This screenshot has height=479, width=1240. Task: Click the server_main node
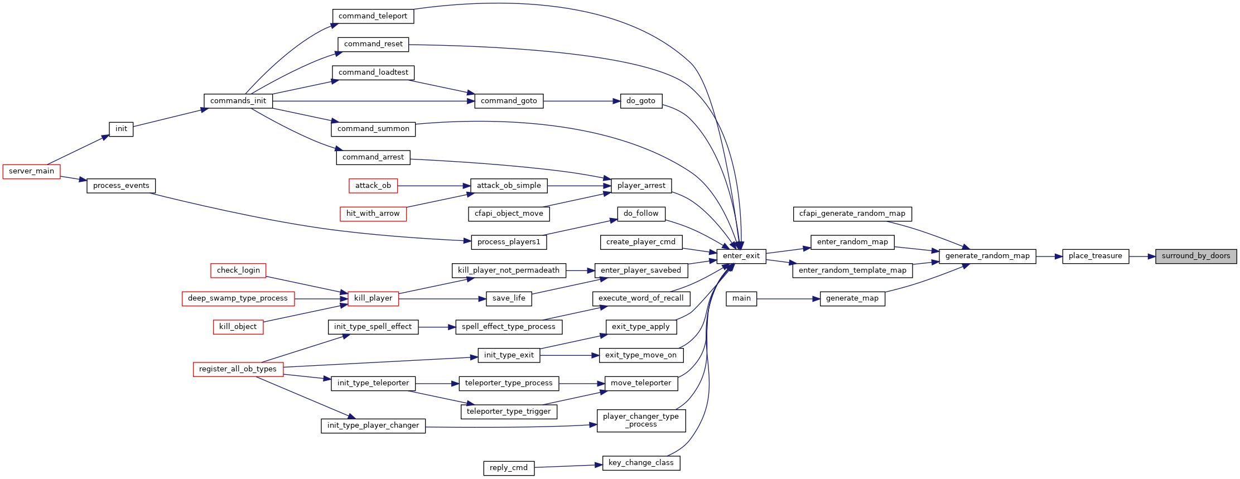tap(32, 171)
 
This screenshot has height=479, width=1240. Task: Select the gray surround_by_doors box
tap(1196, 256)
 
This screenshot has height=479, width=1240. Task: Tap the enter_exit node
tap(741, 256)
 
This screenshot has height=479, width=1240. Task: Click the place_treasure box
tap(1096, 256)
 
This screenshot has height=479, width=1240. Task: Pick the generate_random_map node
tap(987, 256)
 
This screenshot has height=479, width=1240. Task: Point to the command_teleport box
tap(373, 16)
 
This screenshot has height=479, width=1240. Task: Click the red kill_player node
tap(373, 298)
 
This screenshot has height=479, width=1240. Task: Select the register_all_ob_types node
tap(238, 369)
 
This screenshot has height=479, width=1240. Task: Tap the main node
tap(741, 298)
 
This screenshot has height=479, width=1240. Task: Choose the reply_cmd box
tap(509, 468)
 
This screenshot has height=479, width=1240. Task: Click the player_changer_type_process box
tap(641, 420)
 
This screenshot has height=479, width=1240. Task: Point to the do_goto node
tap(641, 101)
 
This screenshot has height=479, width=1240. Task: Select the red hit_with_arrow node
tap(373, 214)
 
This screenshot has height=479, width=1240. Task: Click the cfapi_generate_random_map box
tap(852, 214)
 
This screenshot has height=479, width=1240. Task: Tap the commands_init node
tap(238, 101)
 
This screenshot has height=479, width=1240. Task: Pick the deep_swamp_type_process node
tap(238, 298)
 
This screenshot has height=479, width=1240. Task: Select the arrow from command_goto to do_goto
tap(582, 101)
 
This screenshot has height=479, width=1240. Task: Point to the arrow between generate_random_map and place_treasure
tap(1049, 257)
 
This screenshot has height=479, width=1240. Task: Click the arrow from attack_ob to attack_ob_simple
tap(434, 186)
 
